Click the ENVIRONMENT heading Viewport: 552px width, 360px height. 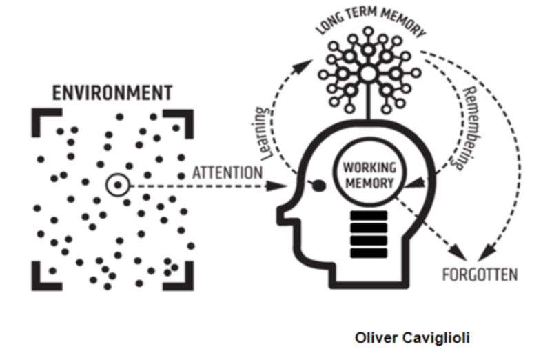coord(112,91)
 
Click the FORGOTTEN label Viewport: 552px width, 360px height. coord(480,275)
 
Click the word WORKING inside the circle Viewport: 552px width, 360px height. coord(368,168)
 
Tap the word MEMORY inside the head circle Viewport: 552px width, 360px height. coord(368,183)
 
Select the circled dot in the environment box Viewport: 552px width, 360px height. coord(118,185)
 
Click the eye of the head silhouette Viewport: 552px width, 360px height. coord(318,184)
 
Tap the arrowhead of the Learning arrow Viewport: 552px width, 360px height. coord(305,64)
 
